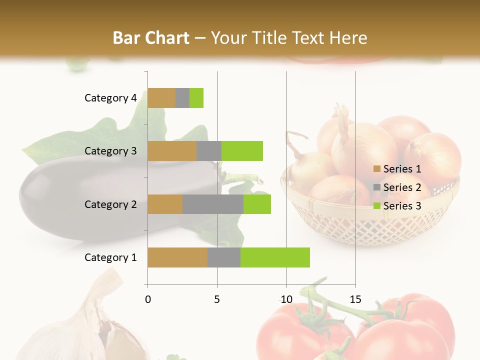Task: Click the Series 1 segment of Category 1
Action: point(177,257)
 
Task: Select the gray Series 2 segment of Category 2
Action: point(213,204)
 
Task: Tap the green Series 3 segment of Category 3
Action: point(242,151)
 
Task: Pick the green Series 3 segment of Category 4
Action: point(196,98)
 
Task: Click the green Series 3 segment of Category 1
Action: point(275,257)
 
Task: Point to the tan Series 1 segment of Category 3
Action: point(172,151)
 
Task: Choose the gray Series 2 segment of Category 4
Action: point(182,98)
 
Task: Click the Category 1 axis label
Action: point(110,257)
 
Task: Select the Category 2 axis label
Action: point(110,204)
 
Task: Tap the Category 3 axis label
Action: point(110,151)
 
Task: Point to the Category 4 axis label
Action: point(110,98)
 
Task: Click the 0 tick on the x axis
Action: point(148,300)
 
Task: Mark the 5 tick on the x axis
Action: point(217,300)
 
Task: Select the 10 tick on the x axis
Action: point(286,300)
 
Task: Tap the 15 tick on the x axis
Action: point(355,300)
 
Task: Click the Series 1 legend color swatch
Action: point(376,169)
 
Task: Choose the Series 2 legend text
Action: point(402,187)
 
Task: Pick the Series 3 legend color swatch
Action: point(376,206)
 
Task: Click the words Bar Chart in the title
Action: point(151,38)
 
